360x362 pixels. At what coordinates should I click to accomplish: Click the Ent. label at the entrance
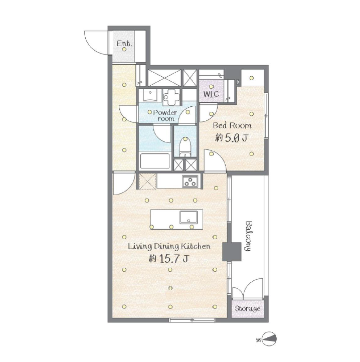tap(124, 43)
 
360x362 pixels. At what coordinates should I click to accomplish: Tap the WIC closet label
tap(211, 94)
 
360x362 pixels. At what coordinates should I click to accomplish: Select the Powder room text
tap(165, 115)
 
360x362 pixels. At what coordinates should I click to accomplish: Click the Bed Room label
tap(232, 125)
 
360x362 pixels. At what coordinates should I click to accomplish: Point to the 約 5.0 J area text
tap(231, 138)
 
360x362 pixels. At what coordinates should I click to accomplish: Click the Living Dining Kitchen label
tap(169, 246)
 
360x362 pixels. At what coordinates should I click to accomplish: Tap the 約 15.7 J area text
tap(168, 259)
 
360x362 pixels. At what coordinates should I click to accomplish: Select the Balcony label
tap(248, 236)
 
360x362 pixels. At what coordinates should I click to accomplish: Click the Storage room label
tap(248, 309)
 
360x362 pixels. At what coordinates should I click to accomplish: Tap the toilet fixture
tap(185, 147)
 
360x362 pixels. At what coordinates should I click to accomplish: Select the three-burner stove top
tap(190, 181)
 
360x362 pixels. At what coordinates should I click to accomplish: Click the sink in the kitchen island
tap(189, 217)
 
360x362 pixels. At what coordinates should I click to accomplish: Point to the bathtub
tap(155, 161)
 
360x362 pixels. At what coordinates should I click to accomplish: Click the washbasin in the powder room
tap(150, 95)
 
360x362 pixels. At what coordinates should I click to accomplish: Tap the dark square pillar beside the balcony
tap(232, 252)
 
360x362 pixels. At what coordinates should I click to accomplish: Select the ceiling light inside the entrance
tap(124, 49)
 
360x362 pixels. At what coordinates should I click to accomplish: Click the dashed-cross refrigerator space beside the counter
tap(147, 182)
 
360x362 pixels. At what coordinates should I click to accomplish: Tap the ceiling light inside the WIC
tap(211, 87)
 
